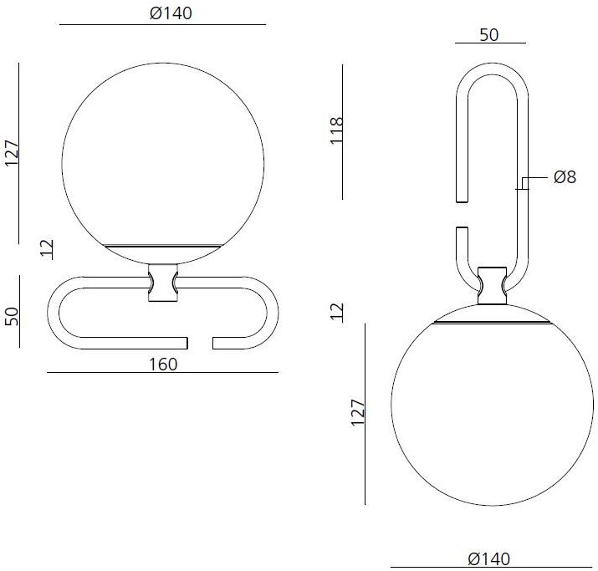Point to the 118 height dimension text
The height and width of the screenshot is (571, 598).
(337, 131)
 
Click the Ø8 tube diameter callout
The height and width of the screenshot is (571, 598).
(565, 177)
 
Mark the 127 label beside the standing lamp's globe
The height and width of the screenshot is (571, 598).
(13, 152)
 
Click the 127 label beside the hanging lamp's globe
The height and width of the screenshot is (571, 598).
(357, 414)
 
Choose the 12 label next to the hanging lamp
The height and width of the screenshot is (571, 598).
(337, 311)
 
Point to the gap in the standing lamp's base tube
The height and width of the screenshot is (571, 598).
(200, 343)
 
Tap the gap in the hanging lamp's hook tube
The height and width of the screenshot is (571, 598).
(460, 214)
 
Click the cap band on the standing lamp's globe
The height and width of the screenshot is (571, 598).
(164, 247)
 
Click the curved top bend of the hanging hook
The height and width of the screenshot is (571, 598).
(491, 72)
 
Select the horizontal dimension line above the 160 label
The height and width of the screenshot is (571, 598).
(164, 372)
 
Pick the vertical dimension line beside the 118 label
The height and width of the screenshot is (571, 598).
(343, 131)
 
